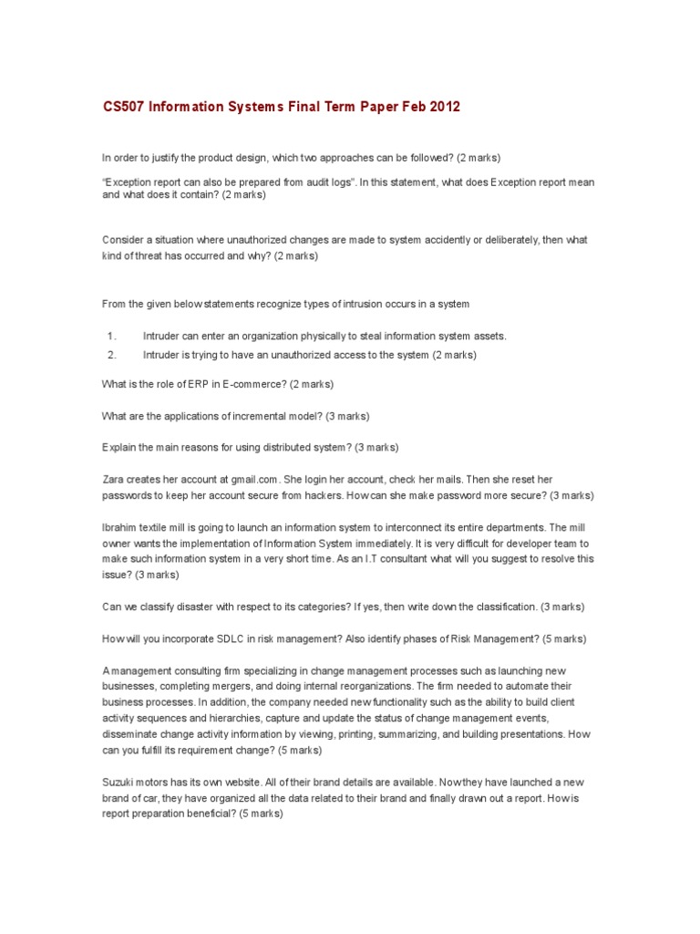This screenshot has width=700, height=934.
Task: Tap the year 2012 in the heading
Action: tap(444, 108)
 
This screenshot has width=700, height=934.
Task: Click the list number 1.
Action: tap(110, 336)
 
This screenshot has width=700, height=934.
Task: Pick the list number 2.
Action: tap(110, 355)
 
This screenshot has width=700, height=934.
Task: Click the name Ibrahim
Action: tap(119, 527)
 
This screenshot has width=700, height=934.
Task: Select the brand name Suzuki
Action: tap(119, 783)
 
